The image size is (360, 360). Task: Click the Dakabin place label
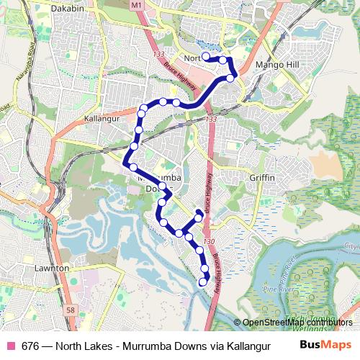click(x=67, y=9)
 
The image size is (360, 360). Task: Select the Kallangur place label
click(x=101, y=118)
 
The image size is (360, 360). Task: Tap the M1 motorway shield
click(x=138, y=5)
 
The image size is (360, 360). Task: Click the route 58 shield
click(x=70, y=310)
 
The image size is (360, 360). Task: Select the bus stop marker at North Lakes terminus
click(x=206, y=56)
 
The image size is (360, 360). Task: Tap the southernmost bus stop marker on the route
click(x=202, y=283)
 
